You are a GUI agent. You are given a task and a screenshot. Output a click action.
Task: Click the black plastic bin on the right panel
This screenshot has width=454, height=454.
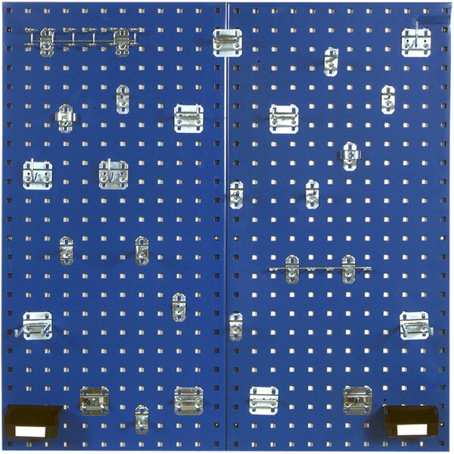(x=411, y=419)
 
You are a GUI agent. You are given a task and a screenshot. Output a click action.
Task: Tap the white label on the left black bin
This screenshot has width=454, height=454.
(x=30, y=430)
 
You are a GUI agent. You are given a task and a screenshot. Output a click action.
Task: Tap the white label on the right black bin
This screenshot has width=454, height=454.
(x=412, y=428)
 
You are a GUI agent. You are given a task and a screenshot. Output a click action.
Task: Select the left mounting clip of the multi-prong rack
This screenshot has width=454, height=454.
(x=47, y=42)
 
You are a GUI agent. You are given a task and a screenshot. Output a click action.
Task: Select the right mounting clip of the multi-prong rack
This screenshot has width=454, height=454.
(x=122, y=42)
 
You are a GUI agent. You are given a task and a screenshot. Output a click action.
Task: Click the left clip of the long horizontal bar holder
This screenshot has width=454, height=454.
(x=292, y=269)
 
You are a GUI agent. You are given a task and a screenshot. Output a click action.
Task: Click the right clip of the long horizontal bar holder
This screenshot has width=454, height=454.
(x=348, y=269)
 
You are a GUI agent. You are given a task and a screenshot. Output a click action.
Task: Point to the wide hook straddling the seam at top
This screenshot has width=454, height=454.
(x=227, y=42)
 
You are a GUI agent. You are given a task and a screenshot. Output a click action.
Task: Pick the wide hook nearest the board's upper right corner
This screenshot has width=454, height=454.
(x=415, y=42)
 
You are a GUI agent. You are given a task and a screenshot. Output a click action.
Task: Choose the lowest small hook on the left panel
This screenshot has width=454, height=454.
(x=141, y=418)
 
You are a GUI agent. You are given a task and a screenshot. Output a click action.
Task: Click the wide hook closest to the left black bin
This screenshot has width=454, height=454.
(x=95, y=401)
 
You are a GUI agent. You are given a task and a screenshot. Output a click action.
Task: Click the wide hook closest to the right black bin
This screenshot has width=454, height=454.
(x=357, y=400)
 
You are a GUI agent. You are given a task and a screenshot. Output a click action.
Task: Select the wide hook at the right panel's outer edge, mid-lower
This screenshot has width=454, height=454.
(x=414, y=325)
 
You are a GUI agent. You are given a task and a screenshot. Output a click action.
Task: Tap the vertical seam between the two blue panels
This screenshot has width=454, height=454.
(x=227, y=227)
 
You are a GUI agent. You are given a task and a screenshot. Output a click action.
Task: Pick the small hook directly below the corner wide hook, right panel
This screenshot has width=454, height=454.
(x=388, y=99)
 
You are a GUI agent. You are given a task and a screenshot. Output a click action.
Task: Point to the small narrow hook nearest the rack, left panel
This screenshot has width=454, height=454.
(x=123, y=99)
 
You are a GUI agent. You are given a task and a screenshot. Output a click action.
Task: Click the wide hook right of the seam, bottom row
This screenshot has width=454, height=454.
(x=263, y=400)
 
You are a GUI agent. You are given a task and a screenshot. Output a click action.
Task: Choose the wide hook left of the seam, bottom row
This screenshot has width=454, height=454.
(x=188, y=400)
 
